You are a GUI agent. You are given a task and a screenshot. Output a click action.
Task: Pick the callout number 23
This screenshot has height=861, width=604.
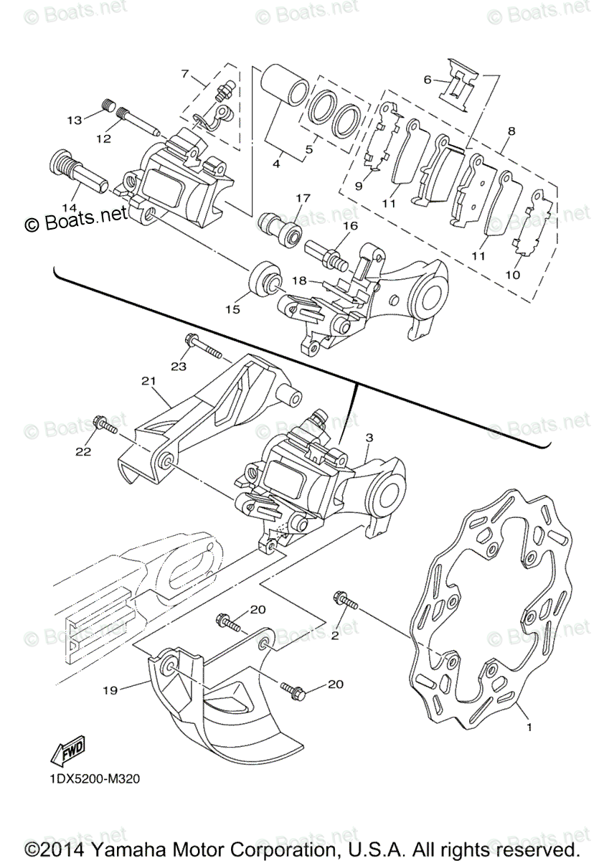coord(179,366)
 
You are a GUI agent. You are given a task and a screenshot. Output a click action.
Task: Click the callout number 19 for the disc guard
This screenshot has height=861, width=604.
coord(110,691)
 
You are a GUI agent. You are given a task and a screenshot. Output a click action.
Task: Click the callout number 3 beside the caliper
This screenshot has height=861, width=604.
coord(369,437)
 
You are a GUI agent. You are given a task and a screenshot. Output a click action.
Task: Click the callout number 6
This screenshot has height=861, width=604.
coord(428,80)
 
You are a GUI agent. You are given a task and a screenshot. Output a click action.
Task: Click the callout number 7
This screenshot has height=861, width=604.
coord(184,73)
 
